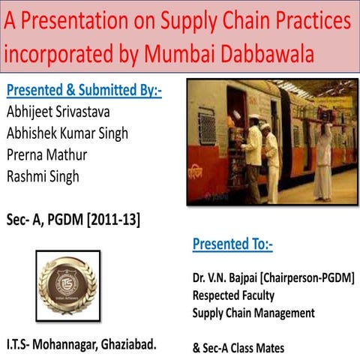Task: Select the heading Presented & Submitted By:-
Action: coord(84,91)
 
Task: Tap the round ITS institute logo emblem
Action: coord(67,284)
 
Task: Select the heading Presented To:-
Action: coord(232,244)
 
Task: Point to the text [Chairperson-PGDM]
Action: coord(311,277)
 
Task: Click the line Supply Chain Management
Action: coord(253,313)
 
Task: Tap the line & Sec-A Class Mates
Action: coord(238,348)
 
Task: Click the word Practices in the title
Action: coord(309,21)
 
